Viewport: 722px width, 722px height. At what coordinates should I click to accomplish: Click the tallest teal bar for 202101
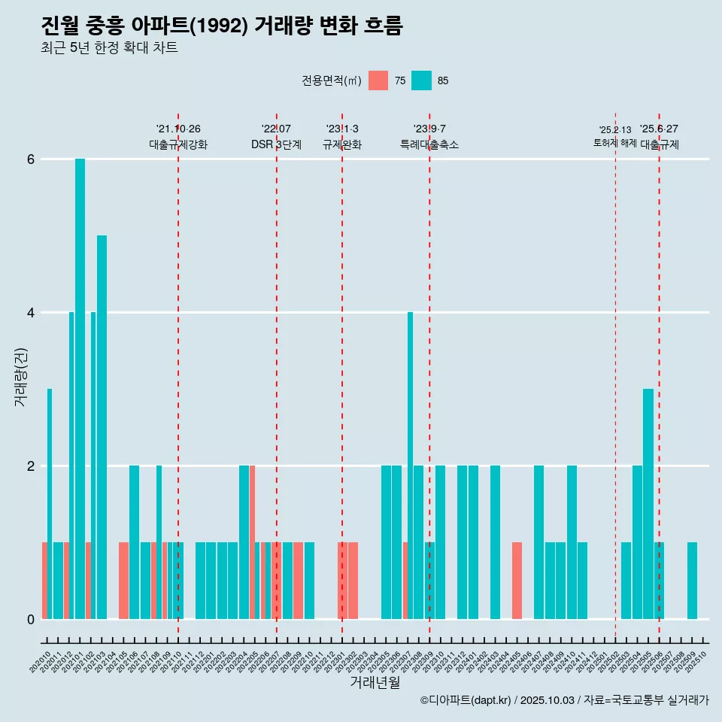(x=80, y=389)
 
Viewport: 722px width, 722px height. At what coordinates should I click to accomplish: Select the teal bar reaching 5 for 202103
(x=102, y=427)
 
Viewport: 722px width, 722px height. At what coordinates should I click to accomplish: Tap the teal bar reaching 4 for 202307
(x=410, y=466)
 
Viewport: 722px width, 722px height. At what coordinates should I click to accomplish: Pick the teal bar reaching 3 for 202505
(x=648, y=504)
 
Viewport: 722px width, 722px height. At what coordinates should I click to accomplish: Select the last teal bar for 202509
(x=692, y=581)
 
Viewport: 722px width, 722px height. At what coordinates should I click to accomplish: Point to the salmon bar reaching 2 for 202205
(x=252, y=542)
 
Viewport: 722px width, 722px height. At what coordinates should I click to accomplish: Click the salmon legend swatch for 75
(x=378, y=80)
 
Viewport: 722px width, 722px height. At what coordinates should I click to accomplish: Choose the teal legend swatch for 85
(x=422, y=80)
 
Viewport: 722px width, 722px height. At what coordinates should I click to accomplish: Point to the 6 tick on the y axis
(x=31, y=159)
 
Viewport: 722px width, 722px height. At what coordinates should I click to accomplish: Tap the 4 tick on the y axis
(x=31, y=313)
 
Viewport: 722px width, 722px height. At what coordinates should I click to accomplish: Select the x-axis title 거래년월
(x=375, y=682)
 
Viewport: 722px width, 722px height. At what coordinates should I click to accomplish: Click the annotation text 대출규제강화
(x=178, y=144)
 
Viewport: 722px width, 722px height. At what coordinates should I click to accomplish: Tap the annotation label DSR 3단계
(x=276, y=144)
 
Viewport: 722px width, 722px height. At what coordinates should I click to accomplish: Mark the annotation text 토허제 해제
(x=615, y=143)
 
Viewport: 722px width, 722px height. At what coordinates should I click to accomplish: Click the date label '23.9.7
(x=429, y=129)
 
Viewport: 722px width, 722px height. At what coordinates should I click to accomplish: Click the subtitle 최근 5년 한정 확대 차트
(x=109, y=48)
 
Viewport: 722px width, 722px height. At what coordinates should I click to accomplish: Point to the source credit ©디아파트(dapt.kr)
(x=466, y=700)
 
